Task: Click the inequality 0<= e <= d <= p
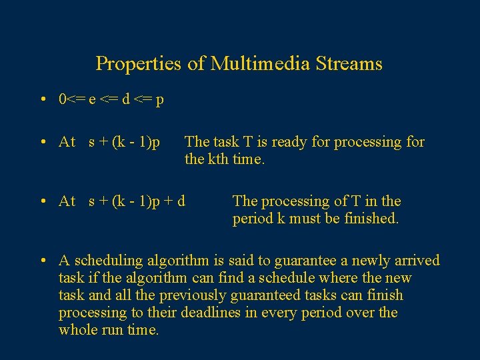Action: pyautogui.click(x=111, y=100)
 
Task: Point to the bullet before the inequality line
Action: pyautogui.click(x=42, y=100)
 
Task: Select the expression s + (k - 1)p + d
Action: pyautogui.click(x=137, y=201)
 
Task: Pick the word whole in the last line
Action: pyautogui.click(x=79, y=330)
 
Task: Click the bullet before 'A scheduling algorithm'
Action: pyautogui.click(x=42, y=261)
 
